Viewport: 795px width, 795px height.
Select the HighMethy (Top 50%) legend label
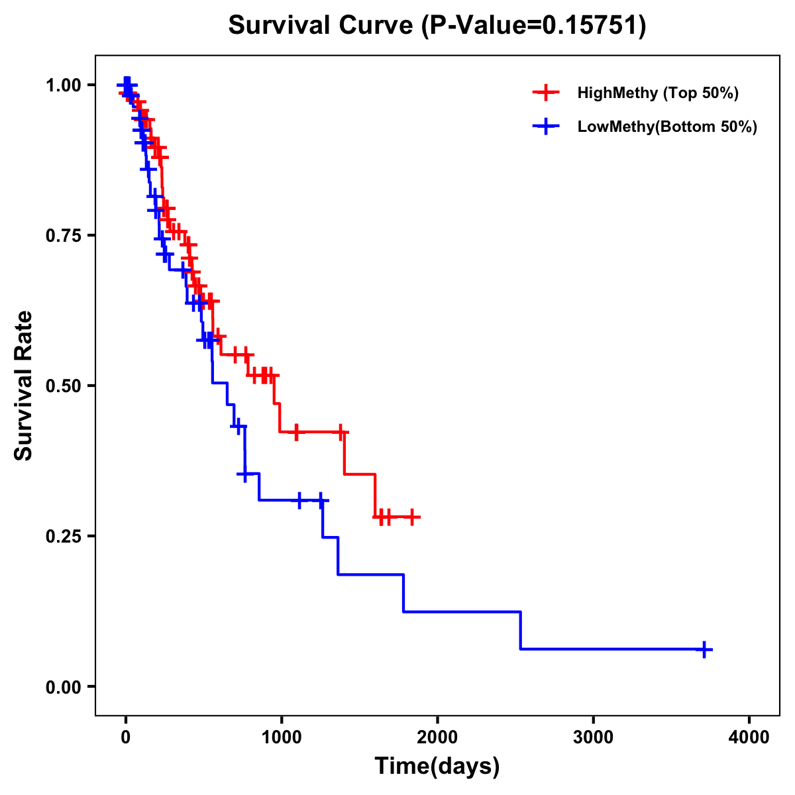pos(658,93)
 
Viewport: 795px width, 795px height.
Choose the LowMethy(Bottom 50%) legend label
pos(667,127)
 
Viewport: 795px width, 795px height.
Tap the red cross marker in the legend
pos(545,93)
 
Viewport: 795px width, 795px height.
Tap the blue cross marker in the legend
pos(545,127)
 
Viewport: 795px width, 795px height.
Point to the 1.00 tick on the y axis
pos(62,85)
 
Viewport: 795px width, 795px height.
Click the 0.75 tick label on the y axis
pos(62,235)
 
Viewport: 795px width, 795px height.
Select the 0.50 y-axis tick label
pos(62,386)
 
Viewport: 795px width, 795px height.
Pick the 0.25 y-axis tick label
pos(62,536)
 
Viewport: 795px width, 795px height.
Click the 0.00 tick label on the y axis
pos(62,686)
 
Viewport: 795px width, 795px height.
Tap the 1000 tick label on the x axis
pos(281,737)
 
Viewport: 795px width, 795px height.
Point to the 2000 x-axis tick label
pos(437,737)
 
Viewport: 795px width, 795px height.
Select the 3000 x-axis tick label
pos(593,737)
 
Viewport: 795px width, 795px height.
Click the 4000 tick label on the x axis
pos(749,737)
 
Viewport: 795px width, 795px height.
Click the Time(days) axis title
pos(437,767)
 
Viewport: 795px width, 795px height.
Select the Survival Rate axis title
pos(24,386)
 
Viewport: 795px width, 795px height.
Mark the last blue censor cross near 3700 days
pos(704,649)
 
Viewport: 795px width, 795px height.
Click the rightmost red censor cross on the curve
pos(412,517)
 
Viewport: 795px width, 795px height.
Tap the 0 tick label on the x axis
pos(125,737)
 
